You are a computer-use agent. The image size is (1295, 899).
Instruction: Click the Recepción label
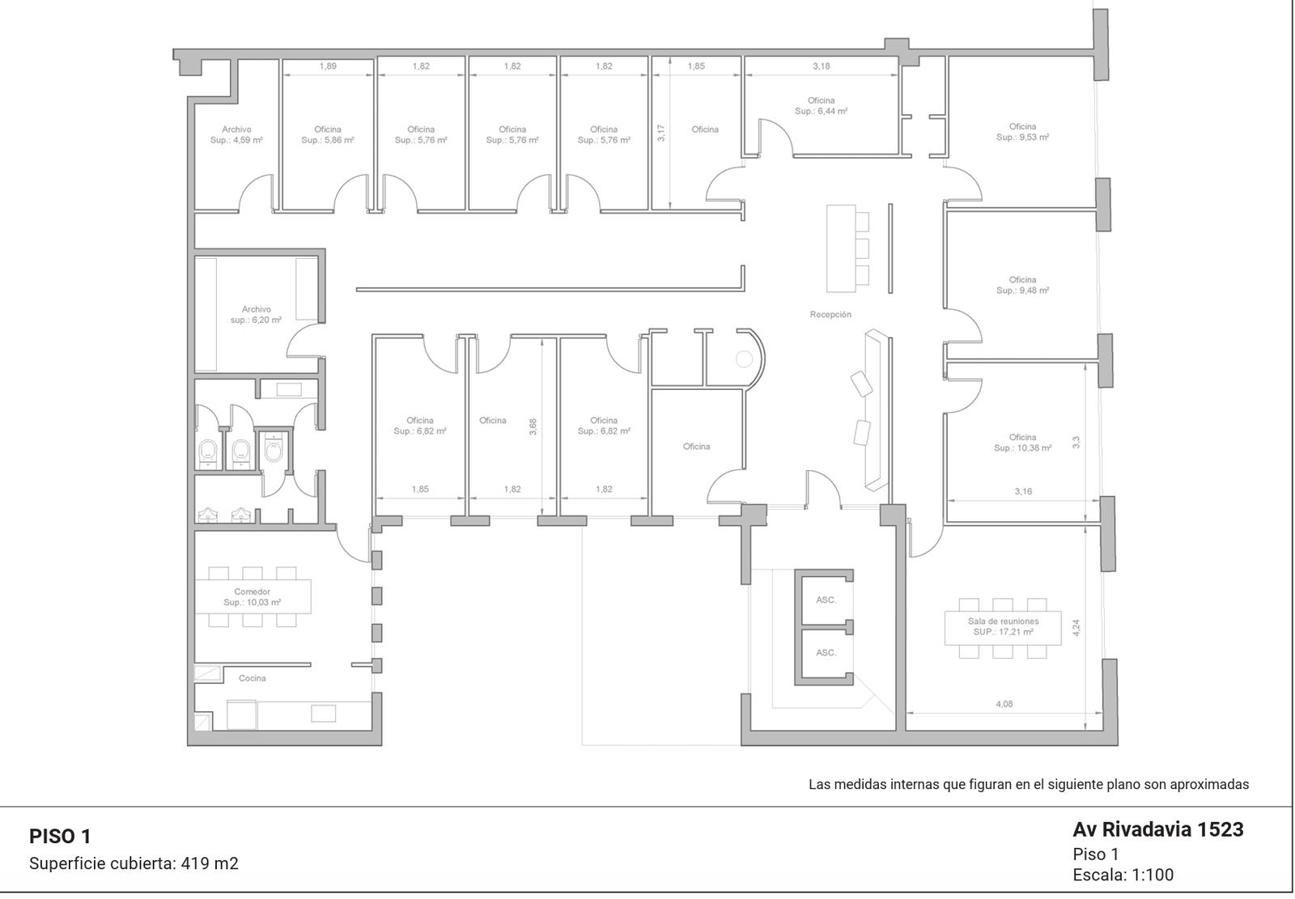click(x=830, y=315)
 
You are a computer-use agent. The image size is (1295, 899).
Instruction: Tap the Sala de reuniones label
click(x=1003, y=626)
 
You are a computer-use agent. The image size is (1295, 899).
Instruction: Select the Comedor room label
click(x=252, y=597)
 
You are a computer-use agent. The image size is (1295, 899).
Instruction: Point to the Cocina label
click(x=252, y=678)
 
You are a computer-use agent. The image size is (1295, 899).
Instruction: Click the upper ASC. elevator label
click(x=826, y=600)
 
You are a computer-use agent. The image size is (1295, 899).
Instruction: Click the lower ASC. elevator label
click(x=826, y=653)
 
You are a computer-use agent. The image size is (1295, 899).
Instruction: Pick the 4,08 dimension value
click(x=1004, y=704)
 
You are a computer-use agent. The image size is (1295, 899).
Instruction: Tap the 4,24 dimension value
click(x=1076, y=628)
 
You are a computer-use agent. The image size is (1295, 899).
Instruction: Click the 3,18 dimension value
click(x=821, y=66)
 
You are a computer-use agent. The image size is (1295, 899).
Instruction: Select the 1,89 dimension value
click(x=328, y=66)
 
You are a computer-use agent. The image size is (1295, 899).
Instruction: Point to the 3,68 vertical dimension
click(x=533, y=426)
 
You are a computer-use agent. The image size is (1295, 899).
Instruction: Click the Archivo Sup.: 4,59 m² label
click(x=236, y=134)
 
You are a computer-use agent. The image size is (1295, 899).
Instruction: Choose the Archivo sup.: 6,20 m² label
click(x=256, y=315)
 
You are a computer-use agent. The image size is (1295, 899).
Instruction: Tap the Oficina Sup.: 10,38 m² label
click(x=1023, y=443)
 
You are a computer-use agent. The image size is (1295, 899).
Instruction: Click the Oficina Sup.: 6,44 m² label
click(x=821, y=106)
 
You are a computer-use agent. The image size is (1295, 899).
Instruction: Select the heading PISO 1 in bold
click(x=60, y=836)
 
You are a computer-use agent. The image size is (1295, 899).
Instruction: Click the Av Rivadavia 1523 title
click(x=1158, y=829)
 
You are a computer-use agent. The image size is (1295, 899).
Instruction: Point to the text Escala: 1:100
click(x=1123, y=875)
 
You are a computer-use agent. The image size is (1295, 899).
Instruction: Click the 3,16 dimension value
click(x=1023, y=491)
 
